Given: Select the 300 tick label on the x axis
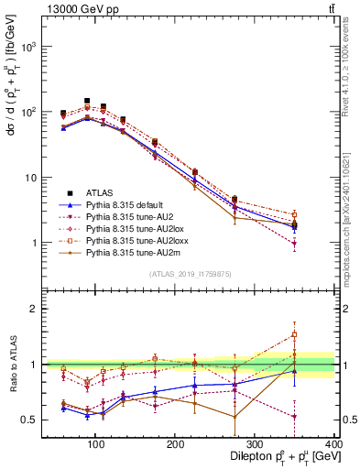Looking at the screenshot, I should coord(255,444).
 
